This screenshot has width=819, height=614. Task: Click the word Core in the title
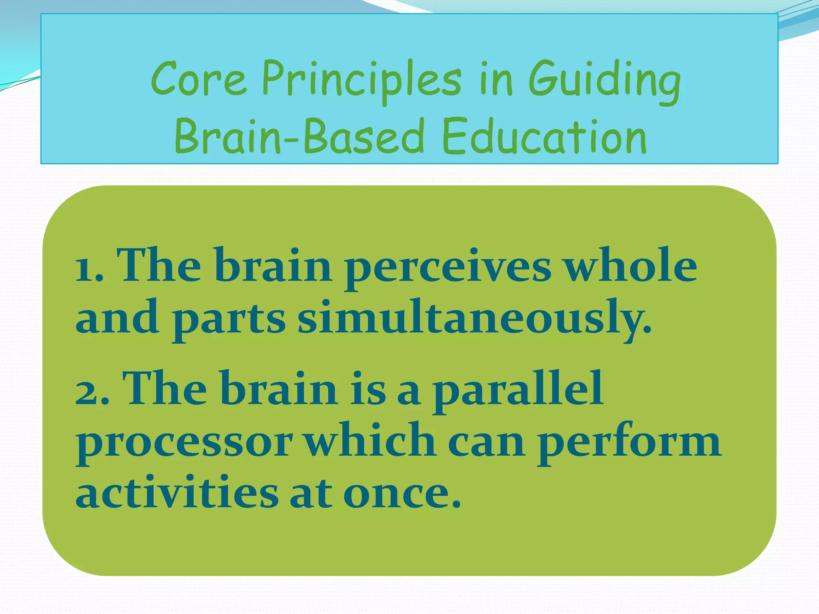pyautogui.click(x=199, y=78)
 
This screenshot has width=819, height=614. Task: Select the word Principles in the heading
pyautogui.click(x=362, y=80)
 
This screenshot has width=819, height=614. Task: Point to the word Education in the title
pyautogui.click(x=544, y=137)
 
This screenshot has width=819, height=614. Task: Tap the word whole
pyautogui.click(x=630, y=265)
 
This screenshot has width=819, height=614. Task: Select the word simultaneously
pyautogui.click(x=474, y=318)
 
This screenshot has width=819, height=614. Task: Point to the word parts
pyautogui.click(x=228, y=320)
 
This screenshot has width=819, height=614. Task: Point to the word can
pyautogui.click(x=486, y=442)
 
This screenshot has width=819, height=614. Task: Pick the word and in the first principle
pyautogui.click(x=117, y=318)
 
